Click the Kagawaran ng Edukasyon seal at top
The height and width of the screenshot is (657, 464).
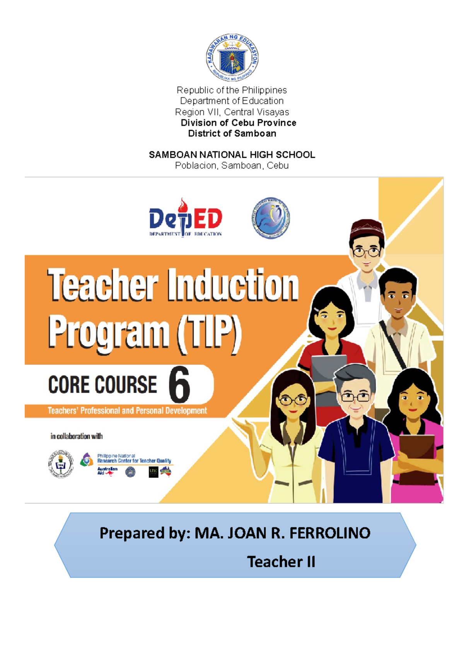(232, 57)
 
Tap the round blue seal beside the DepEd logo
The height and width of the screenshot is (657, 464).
(271, 217)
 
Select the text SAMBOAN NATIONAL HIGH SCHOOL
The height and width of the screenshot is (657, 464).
(232, 155)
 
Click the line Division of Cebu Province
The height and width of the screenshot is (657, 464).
(238, 123)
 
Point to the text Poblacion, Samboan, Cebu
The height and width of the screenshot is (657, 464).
(232, 166)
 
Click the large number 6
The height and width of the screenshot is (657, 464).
(179, 385)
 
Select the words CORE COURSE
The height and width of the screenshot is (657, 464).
(102, 385)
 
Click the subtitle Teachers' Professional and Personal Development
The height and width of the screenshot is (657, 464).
(127, 411)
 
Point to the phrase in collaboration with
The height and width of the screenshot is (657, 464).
(77, 436)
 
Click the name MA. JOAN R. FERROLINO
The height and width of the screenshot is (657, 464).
(282, 533)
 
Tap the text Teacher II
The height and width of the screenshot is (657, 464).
(281, 562)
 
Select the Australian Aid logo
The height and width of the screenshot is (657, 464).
(107, 471)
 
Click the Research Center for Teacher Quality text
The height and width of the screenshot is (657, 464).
(134, 460)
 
